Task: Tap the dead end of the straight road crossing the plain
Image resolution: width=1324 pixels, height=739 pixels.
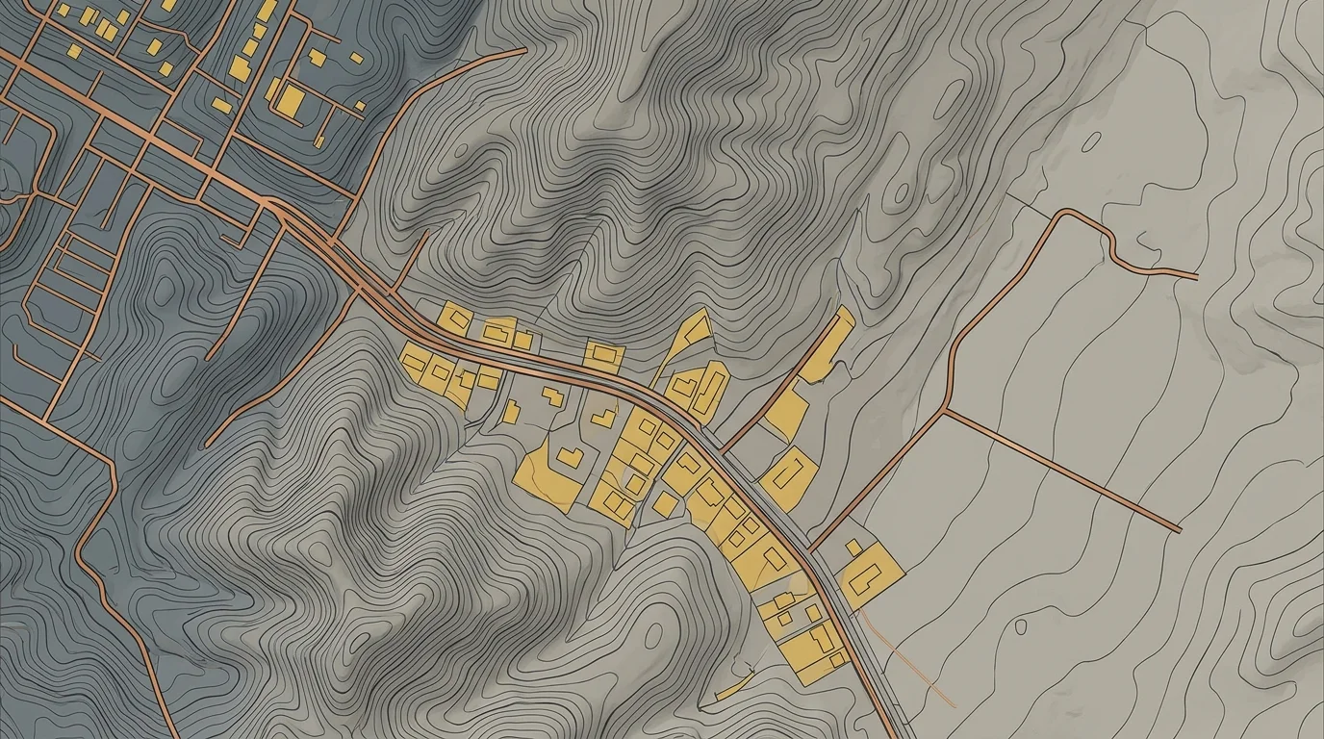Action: point(1180,529)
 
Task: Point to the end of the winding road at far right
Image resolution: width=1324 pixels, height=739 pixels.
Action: point(1196,276)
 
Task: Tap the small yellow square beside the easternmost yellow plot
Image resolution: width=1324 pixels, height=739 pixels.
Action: point(853,547)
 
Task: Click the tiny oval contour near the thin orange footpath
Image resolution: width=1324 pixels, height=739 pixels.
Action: point(1020,626)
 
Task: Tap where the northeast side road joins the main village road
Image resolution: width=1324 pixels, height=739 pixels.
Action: point(724,448)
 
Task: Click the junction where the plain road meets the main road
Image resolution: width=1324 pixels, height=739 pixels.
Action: point(811,550)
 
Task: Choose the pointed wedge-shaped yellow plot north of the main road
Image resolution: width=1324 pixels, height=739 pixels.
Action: point(685,339)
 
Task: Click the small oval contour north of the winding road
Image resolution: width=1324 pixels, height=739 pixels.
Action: point(1091,141)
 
